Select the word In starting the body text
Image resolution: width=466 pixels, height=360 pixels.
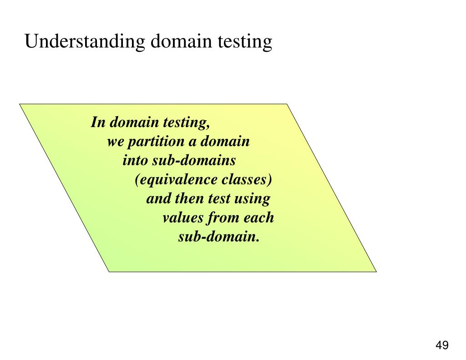(x=98, y=122)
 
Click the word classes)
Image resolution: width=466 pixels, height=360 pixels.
(x=247, y=180)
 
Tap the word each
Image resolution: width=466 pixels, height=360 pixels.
(x=259, y=218)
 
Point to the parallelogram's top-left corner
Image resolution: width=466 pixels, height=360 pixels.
(x=20, y=104)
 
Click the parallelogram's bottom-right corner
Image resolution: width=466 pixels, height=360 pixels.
(x=376, y=271)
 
